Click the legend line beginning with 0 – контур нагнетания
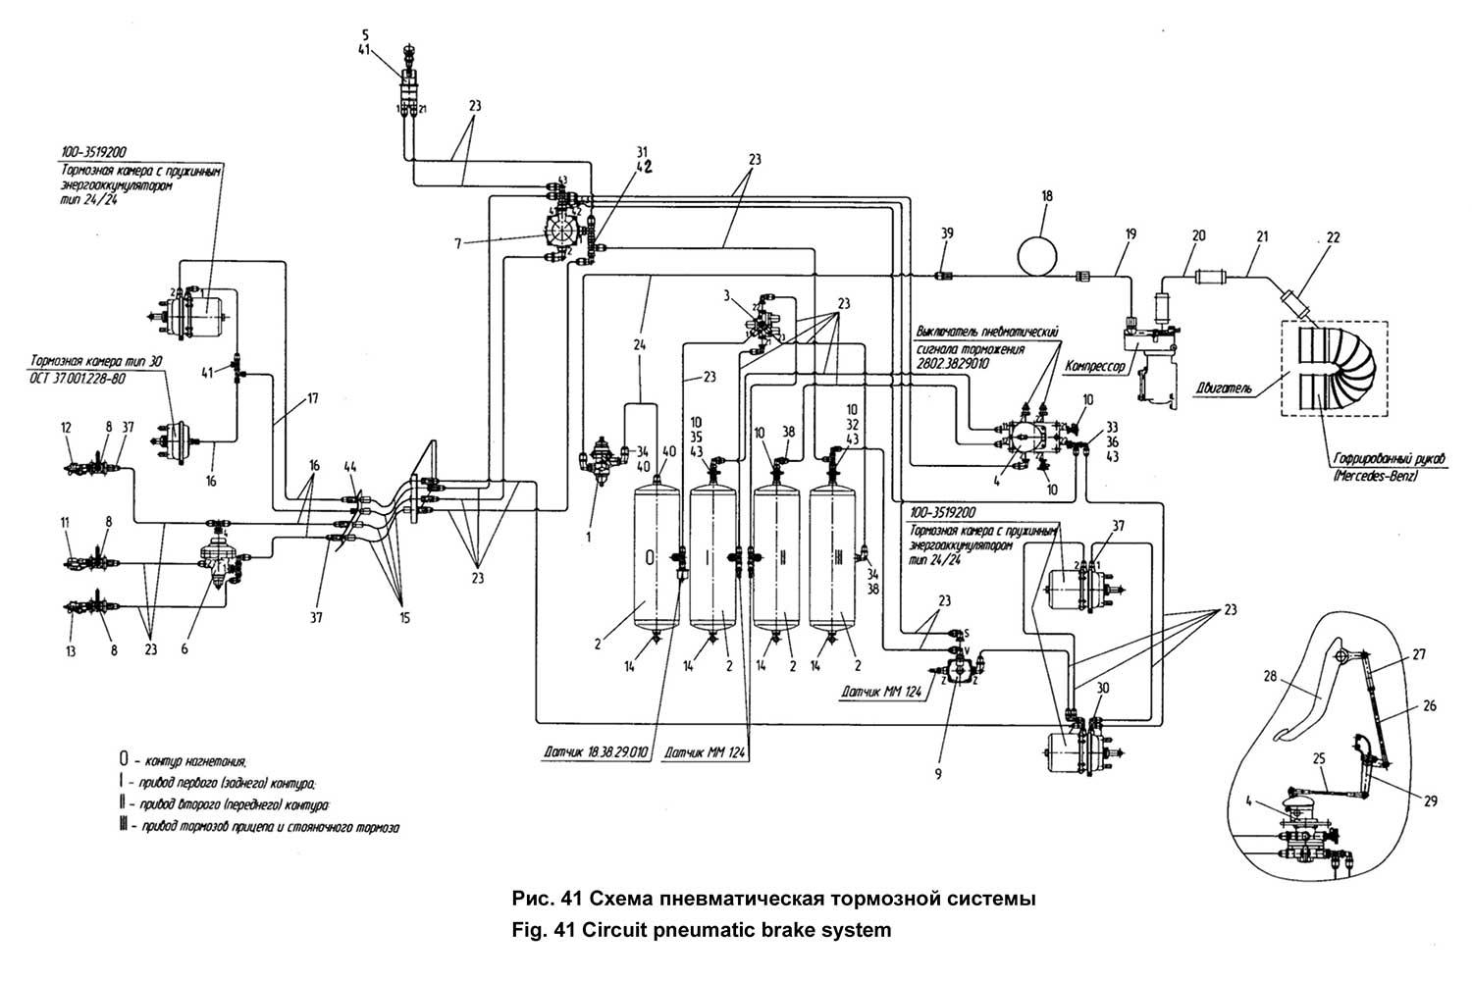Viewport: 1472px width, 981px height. coord(183,760)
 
